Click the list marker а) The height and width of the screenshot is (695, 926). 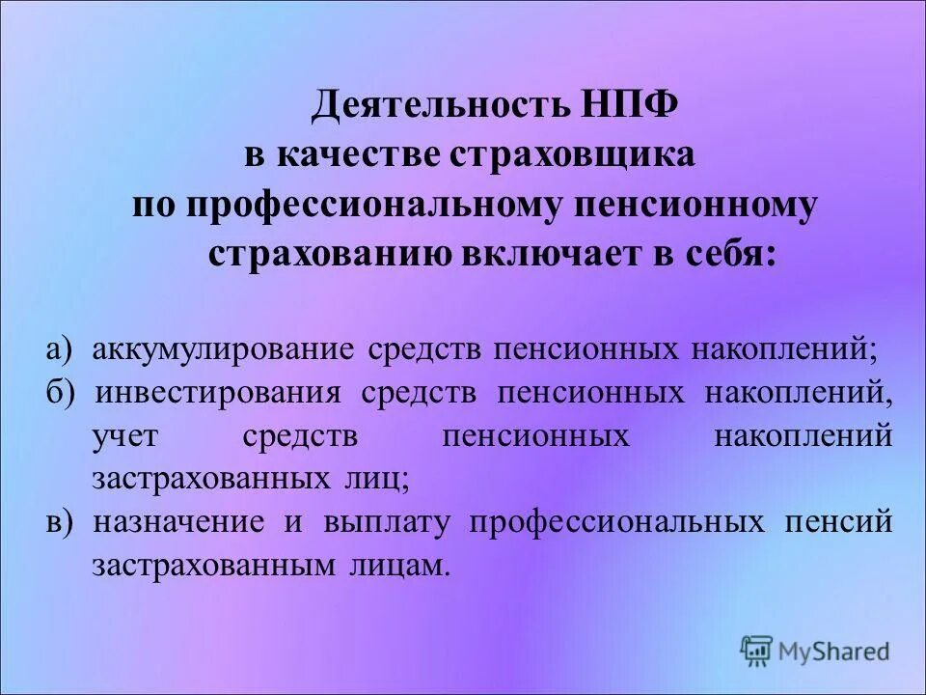point(60,348)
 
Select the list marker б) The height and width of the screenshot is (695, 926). point(60,393)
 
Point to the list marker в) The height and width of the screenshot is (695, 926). point(60,522)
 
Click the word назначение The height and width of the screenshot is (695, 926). point(179,522)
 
